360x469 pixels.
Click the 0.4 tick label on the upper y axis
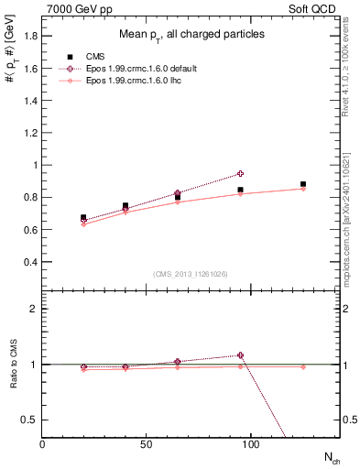(29, 262)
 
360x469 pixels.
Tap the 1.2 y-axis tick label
(29, 133)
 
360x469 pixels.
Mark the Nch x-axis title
(331, 455)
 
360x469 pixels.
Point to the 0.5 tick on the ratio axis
(29, 420)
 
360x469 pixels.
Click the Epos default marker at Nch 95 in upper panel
(240, 173)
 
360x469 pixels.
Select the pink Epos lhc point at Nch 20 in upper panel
(83, 224)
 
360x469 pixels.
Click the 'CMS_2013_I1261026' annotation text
(191, 273)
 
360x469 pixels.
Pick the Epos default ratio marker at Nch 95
(240, 354)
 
